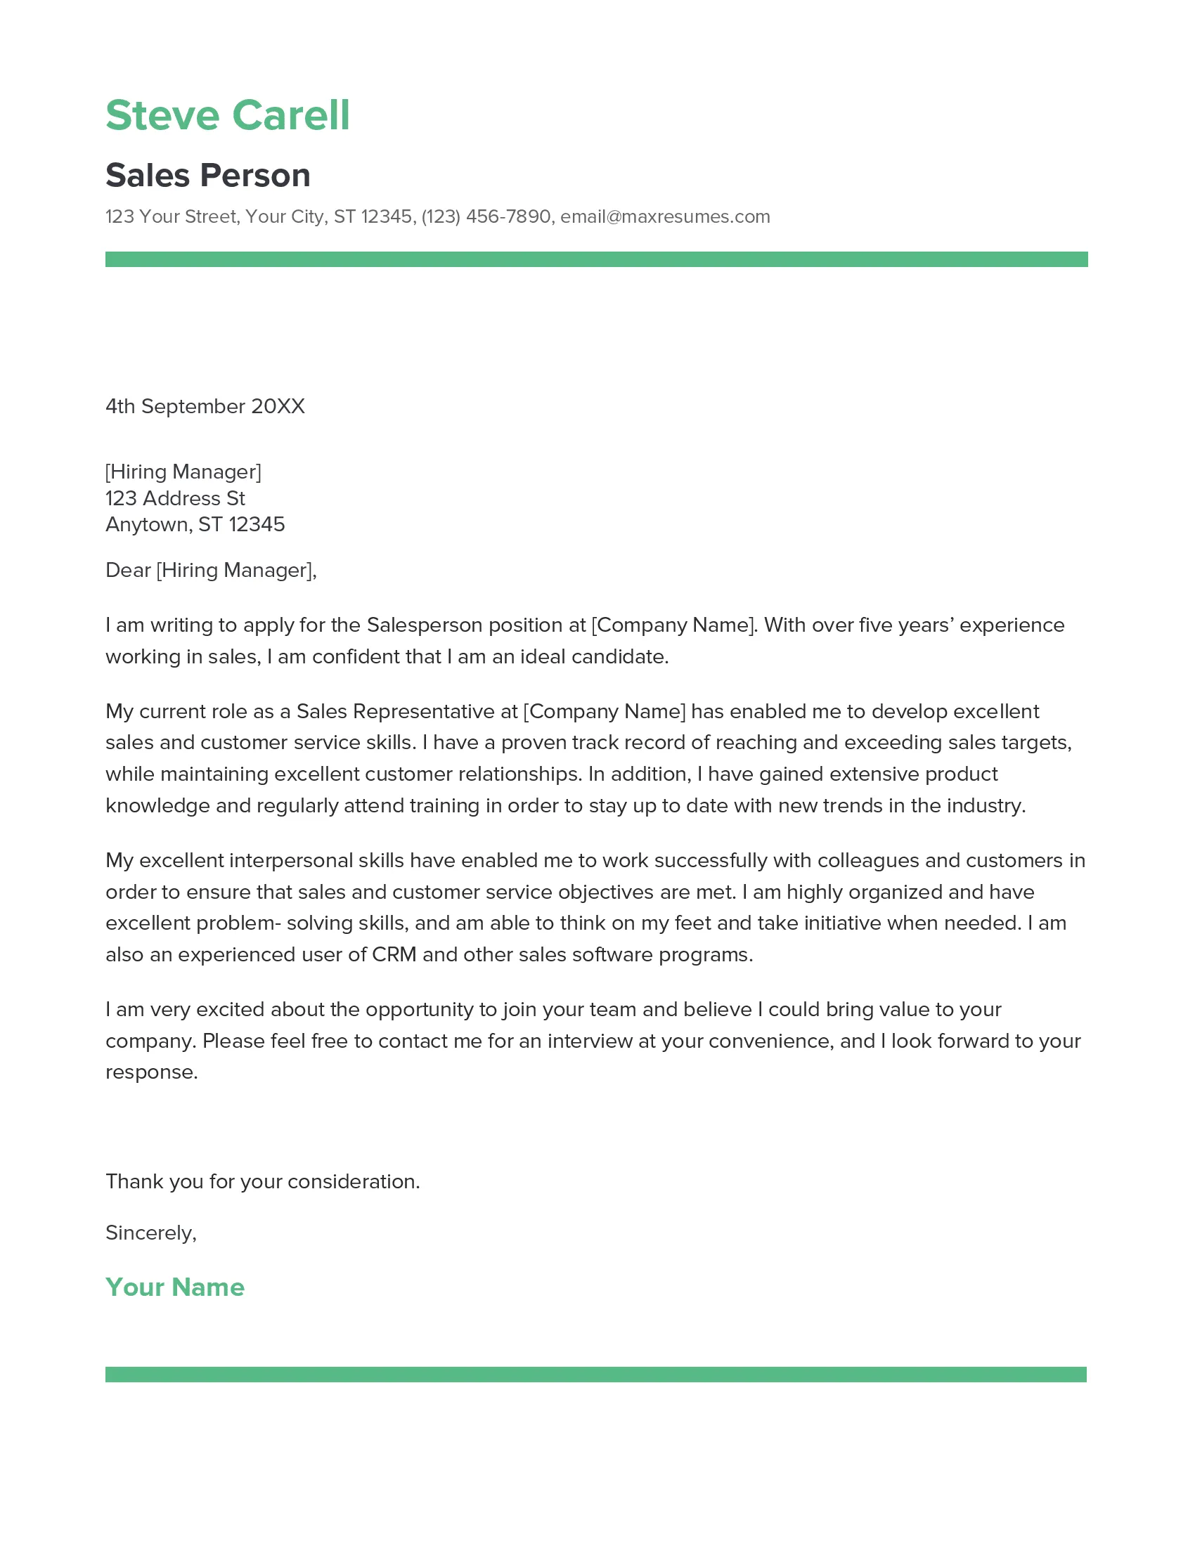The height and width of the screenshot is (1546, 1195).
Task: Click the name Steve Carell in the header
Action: pyautogui.click(x=227, y=115)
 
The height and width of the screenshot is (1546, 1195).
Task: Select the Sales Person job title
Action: pyautogui.click(x=207, y=175)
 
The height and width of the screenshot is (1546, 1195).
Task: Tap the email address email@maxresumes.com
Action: pyautogui.click(x=665, y=216)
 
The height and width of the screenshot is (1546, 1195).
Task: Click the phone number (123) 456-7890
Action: pyautogui.click(x=486, y=216)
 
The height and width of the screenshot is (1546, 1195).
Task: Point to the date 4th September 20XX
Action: pyautogui.click(x=205, y=406)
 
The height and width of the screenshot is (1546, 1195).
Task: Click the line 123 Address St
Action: pyautogui.click(x=175, y=498)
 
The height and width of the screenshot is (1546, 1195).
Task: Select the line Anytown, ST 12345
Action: pyautogui.click(x=195, y=524)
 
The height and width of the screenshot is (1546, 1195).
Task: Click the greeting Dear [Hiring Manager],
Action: pyautogui.click(x=211, y=570)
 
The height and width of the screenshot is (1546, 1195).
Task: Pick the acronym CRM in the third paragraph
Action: pyautogui.click(x=394, y=954)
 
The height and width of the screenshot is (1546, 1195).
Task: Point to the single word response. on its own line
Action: pyautogui.click(x=152, y=1072)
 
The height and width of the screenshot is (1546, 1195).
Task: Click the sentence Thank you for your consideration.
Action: pyautogui.click(x=263, y=1181)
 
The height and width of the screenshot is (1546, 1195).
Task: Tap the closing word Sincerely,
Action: pyautogui.click(x=151, y=1233)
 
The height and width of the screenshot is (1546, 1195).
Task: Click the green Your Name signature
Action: pyautogui.click(x=175, y=1287)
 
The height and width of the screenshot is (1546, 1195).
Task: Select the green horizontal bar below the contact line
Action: pyautogui.click(x=596, y=259)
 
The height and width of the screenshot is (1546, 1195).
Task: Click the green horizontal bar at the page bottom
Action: pyautogui.click(x=595, y=1374)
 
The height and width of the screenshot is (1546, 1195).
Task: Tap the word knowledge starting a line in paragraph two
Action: pyautogui.click(x=157, y=805)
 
